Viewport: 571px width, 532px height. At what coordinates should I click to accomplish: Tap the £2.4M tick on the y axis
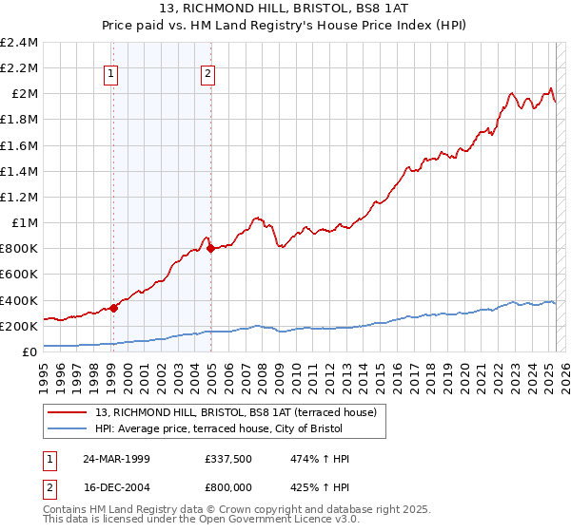[x=19, y=43]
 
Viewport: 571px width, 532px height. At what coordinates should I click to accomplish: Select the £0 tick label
[x=30, y=352]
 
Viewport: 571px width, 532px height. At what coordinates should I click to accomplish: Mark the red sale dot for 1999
[x=114, y=307]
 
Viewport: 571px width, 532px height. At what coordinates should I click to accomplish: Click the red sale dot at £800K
[x=210, y=248]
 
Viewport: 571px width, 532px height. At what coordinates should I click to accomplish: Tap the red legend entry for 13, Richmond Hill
[x=237, y=412]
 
